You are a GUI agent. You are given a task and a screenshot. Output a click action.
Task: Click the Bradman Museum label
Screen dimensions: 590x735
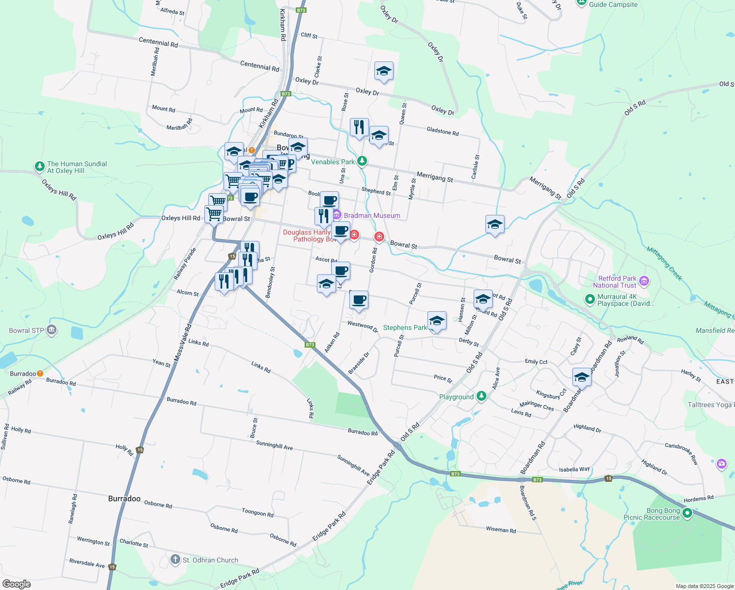pos(372,215)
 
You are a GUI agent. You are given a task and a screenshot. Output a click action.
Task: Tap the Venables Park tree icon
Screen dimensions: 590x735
pos(362,161)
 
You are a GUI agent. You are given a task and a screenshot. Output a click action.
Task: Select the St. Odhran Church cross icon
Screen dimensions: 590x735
pos(175,560)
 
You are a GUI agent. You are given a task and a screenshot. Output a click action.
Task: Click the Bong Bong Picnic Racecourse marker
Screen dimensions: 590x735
pos(687,514)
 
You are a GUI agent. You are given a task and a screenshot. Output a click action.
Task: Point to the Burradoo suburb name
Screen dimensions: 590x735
pos(124,499)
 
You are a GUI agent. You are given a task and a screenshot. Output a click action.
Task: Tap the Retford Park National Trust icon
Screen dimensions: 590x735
pos(644,282)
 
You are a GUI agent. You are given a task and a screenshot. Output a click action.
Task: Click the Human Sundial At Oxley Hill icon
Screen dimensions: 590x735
pos(40,167)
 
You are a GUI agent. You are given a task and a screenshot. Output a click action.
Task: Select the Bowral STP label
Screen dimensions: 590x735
pos(27,330)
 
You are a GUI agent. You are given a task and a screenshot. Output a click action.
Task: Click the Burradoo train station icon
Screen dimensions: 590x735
pos(40,374)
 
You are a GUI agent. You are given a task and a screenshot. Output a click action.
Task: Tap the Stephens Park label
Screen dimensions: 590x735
pos(405,327)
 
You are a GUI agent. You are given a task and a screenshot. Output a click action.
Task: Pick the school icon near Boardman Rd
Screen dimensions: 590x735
pos(582,378)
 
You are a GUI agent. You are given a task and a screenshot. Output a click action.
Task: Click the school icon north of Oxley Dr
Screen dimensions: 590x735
pos(384,71)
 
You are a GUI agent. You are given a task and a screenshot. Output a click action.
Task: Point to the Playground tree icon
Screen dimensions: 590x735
pos(481,396)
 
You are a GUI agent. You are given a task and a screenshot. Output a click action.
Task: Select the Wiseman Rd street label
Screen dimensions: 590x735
pos(501,530)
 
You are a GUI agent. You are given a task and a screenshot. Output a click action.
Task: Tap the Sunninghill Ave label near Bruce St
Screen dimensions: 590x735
pos(274,445)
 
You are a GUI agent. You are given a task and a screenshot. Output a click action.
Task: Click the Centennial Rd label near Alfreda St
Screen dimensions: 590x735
pos(158,42)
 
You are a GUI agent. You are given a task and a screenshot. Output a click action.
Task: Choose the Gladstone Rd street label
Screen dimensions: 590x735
pos(442,131)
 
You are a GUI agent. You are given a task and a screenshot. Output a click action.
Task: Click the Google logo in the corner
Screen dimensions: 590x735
pos(16,584)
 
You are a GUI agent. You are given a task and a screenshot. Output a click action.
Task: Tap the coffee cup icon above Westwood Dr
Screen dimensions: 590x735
pos(359,299)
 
